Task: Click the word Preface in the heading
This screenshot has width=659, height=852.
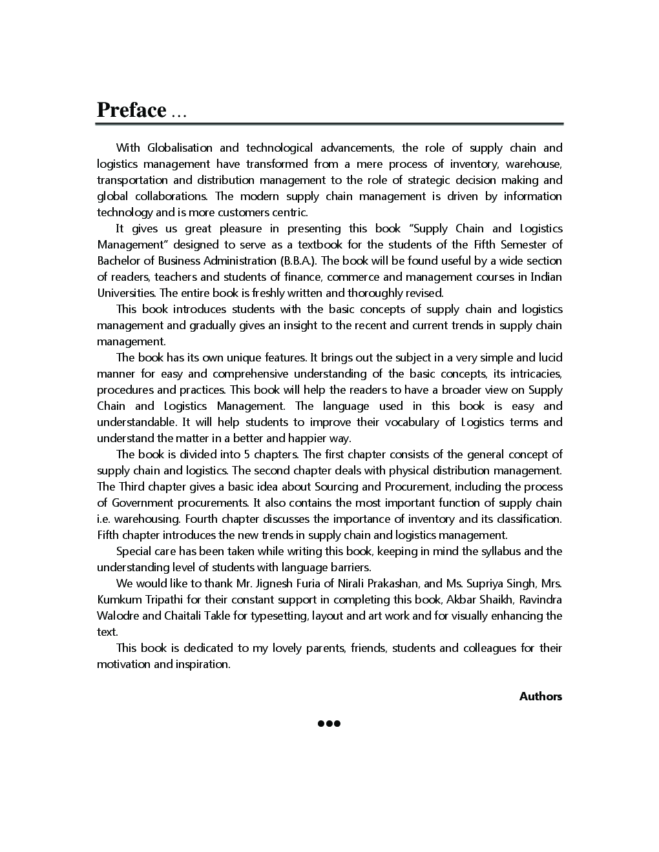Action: pos(132,110)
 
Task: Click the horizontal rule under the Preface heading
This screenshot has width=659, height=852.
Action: pos(329,123)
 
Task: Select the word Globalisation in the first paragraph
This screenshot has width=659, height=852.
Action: pos(179,148)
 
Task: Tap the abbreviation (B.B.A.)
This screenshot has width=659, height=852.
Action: pos(298,261)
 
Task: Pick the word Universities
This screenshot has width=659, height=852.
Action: pos(127,293)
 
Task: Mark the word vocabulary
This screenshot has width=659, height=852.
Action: pos(411,422)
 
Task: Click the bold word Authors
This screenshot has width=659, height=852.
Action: pos(541,696)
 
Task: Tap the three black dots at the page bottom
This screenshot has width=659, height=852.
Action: pos(329,724)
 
